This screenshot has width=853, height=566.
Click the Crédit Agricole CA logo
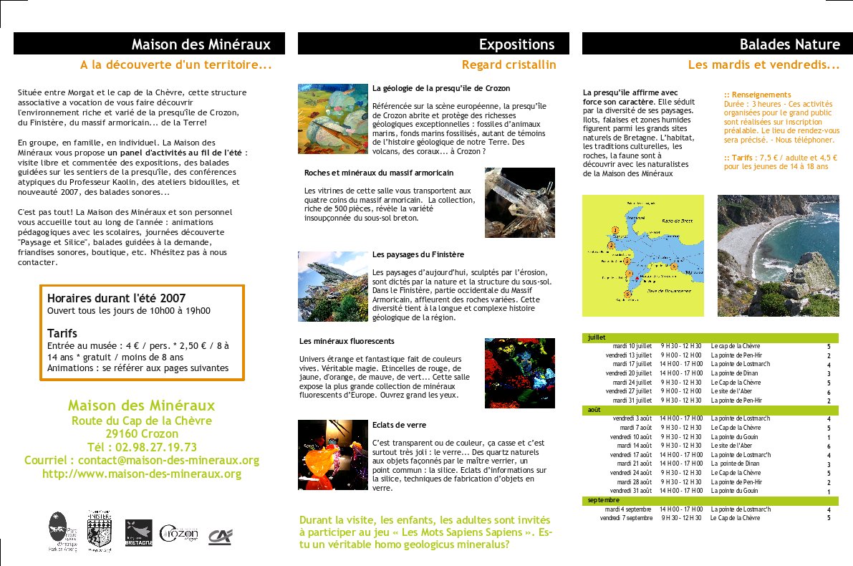point(220,536)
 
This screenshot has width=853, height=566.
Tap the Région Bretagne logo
point(138,532)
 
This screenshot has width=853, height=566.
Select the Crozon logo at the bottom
point(178,534)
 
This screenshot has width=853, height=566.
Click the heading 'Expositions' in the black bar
point(516,44)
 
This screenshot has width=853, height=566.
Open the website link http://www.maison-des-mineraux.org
point(142,474)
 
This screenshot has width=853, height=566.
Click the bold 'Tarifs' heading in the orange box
point(62,333)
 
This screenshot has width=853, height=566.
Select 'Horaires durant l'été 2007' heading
point(116,297)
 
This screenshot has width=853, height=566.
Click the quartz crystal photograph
point(519,203)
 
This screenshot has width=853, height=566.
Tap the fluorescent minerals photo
point(519,373)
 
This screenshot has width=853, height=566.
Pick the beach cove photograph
point(778,256)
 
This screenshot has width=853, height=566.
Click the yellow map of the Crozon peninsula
point(642,256)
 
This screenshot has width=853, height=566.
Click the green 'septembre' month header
point(604,499)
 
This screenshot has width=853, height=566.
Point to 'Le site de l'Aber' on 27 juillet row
point(731,391)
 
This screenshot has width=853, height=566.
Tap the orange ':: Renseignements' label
point(757,95)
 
